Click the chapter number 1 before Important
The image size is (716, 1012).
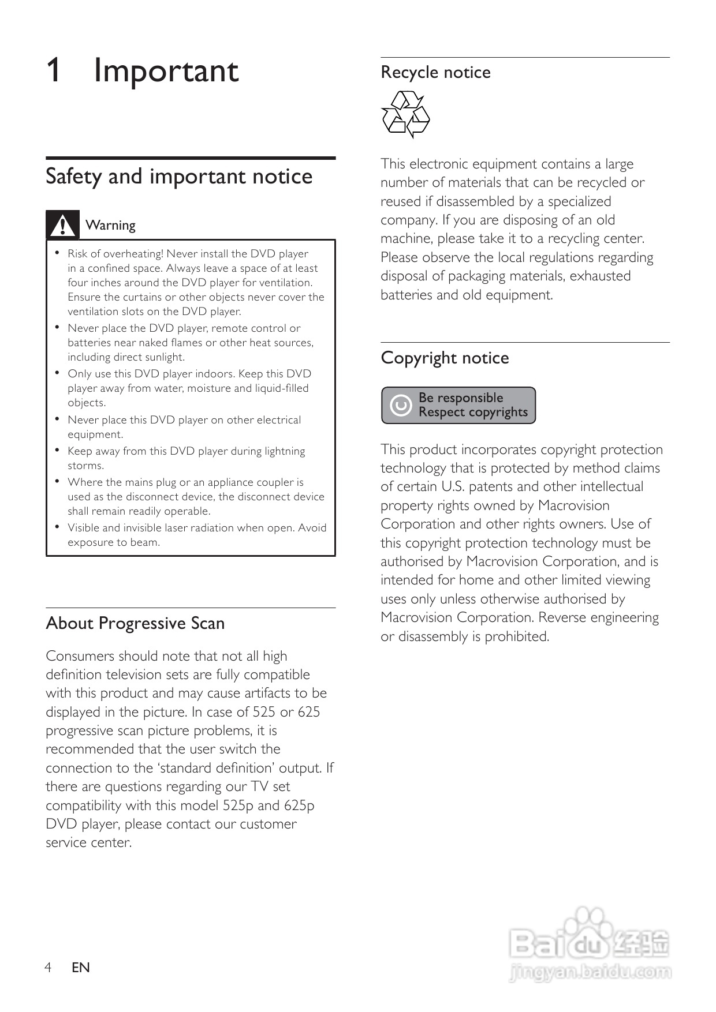pyautogui.click(x=53, y=70)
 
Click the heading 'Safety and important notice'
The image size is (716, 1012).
pyautogui.click(x=179, y=176)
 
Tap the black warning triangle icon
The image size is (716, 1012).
pyautogui.click(x=62, y=224)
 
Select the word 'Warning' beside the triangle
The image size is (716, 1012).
pyautogui.click(x=110, y=225)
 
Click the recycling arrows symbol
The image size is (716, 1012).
pyautogui.click(x=405, y=114)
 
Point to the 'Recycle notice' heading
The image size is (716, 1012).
pyautogui.click(x=435, y=72)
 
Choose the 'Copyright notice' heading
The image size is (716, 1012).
pyautogui.click(x=445, y=358)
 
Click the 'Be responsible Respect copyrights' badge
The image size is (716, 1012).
pyautogui.click(x=458, y=405)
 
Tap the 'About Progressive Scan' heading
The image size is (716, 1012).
pyautogui.click(x=135, y=623)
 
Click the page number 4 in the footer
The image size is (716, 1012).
pyautogui.click(x=49, y=967)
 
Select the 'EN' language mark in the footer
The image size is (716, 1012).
pyautogui.click(x=81, y=967)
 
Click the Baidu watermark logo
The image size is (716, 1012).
pyautogui.click(x=590, y=944)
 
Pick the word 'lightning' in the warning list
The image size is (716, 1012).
pyautogui.click(x=285, y=451)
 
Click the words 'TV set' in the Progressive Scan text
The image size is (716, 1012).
pyautogui.click(x=270, y=786)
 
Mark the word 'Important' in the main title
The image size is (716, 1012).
pyautogui.click(x=166, y=70)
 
